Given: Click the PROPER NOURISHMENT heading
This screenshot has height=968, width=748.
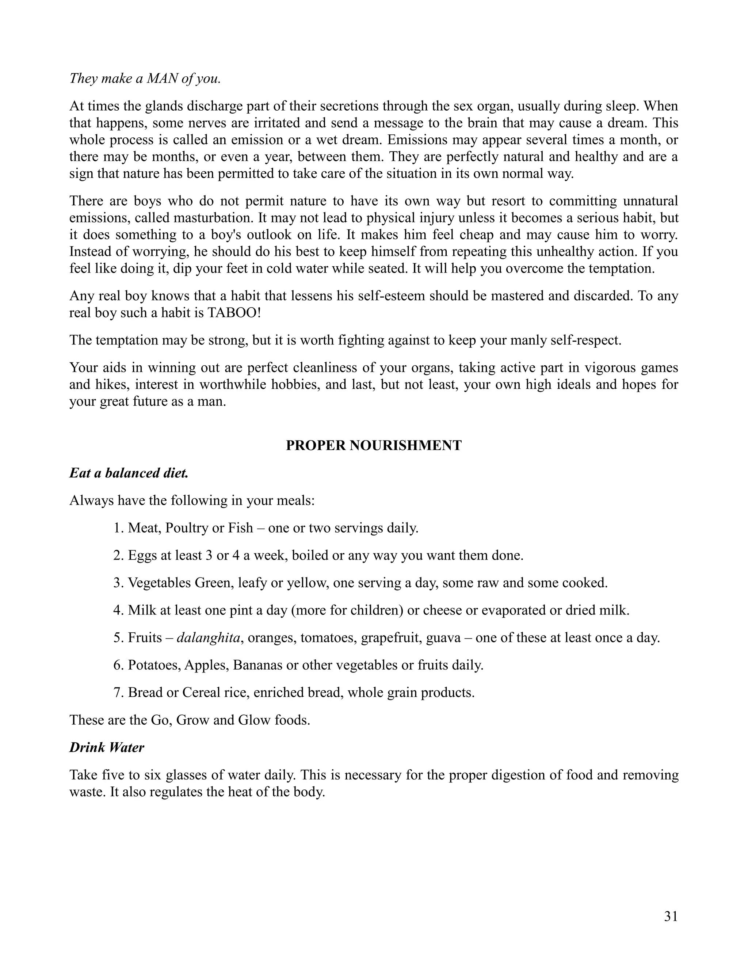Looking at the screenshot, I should pos(374,445).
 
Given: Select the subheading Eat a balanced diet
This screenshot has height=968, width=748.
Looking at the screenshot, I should pos(129,473).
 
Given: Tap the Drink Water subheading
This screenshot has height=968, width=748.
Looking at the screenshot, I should pos(107,748).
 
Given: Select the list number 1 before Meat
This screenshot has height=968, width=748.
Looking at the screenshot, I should pos(118,528).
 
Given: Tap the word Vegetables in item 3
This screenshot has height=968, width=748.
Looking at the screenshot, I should pos(160,583).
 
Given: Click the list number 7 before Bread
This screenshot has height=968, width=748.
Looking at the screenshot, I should pos(118,693).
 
